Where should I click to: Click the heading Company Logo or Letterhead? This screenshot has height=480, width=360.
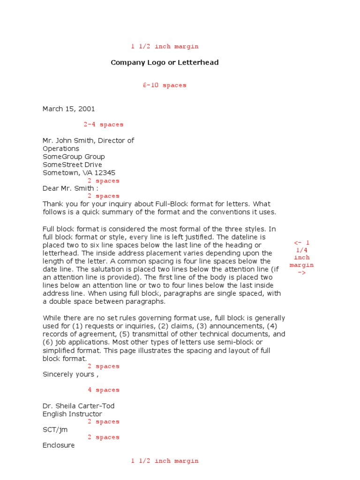[165, 62]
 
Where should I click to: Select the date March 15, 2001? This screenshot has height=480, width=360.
[69, 109]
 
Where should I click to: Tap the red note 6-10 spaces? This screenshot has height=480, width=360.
[165, 85]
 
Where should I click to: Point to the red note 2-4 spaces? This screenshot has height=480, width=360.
[104, 125]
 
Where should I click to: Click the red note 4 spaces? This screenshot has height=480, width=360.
[104, 390]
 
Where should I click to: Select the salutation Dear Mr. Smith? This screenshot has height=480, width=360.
[69, 188]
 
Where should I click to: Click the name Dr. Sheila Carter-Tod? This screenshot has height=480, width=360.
[78, 406]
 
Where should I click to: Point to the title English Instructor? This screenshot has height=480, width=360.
[72, 414]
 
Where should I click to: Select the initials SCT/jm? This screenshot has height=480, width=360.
[54, 429]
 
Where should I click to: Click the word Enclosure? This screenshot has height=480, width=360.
[59, 445]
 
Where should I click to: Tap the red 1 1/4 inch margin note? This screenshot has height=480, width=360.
[301, 257]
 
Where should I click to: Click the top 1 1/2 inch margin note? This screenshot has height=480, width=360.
[165, 46]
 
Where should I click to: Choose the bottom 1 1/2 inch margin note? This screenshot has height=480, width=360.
[165, 461]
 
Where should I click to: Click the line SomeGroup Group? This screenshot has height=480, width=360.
[74, 157]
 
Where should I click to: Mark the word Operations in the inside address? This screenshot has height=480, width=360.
[61, 149]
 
